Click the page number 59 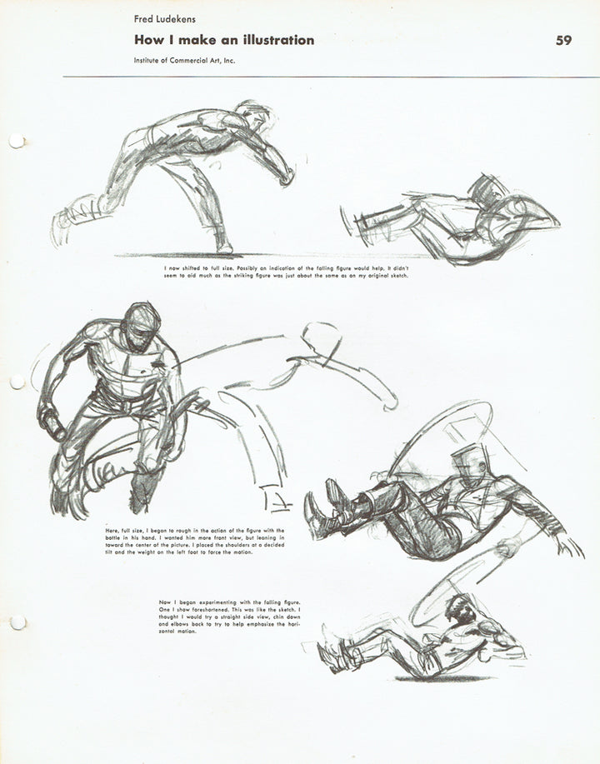(563, 40)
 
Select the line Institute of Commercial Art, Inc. (183, 61)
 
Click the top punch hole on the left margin (16, 141)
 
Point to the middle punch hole (16, 381)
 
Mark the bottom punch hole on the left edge (16, 622)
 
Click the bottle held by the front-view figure (53, 426)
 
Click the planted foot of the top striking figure (223, 245)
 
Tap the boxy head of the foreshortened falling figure (467, 460)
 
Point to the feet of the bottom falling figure (332, 654)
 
